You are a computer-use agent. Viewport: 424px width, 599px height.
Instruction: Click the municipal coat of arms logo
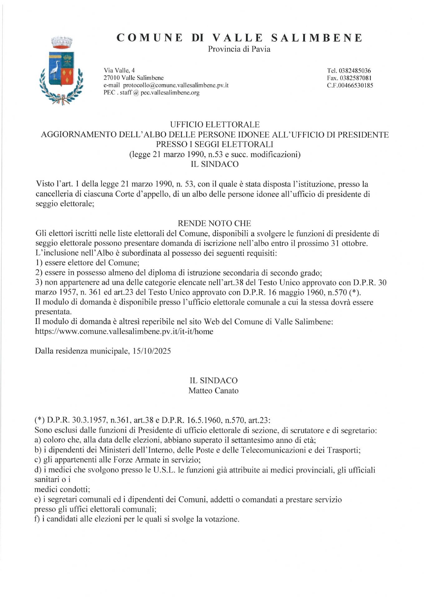click(62, 71)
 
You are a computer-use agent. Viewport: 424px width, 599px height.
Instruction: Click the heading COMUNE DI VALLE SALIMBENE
click(239, 38)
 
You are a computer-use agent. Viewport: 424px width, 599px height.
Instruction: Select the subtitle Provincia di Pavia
click(239, 49)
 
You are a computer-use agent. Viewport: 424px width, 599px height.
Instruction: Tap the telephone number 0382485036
click(355, 71)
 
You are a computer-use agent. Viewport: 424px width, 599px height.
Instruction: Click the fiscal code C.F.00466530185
click(350, 85)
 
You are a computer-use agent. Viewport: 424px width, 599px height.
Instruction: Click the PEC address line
click(151, 93)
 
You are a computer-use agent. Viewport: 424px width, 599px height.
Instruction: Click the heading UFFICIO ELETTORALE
click(214, 124)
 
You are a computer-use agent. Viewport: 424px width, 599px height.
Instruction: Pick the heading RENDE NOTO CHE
click(214, 223)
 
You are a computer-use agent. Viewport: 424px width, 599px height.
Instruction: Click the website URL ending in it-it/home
click(124, 331)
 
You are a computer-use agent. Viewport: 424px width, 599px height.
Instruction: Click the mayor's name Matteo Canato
click(213, 391)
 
